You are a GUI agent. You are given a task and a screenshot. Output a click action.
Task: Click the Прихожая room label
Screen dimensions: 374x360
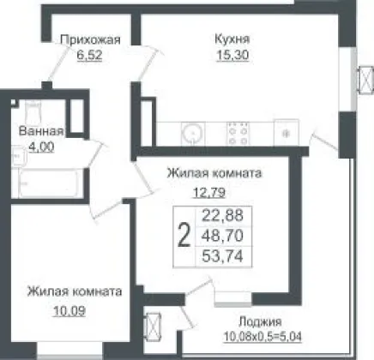pos(90,40)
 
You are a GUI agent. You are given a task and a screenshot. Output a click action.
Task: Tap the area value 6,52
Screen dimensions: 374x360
pos(89,55)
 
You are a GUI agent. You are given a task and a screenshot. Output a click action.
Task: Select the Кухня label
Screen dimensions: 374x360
pos(232,39)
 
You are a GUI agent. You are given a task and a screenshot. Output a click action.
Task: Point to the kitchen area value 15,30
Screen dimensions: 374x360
pos(232,55)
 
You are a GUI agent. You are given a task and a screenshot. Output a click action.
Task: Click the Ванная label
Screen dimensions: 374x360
pos(41,131)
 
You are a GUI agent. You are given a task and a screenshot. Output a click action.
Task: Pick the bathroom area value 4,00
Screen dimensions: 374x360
pos(41,147)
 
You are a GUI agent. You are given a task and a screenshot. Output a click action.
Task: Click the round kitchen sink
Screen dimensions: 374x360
pos(193,134)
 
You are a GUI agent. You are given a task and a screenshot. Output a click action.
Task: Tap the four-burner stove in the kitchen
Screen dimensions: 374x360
pos(238,133)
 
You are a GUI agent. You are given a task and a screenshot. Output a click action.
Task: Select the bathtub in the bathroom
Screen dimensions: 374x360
pos(47,183)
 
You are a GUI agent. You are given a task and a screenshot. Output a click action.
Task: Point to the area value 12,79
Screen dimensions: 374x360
pos(209,193)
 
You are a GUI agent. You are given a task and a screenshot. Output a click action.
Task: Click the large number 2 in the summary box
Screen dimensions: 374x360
pos(184,236)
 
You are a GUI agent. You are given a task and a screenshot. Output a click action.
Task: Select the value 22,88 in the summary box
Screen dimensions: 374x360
pos(223,215)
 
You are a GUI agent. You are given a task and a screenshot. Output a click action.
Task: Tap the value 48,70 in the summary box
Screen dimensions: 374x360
pos(223,236)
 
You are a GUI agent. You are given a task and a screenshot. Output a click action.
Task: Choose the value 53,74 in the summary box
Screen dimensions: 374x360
pos(223,256)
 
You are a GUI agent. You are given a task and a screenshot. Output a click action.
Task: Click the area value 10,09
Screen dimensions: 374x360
pos(69,310)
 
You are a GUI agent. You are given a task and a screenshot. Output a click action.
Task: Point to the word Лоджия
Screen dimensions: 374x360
pos(260,322)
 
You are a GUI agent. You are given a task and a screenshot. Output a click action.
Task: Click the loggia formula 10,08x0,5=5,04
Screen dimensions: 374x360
pos(262,337)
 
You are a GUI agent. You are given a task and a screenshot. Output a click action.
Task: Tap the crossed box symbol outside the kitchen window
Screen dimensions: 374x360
pos(366,80)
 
